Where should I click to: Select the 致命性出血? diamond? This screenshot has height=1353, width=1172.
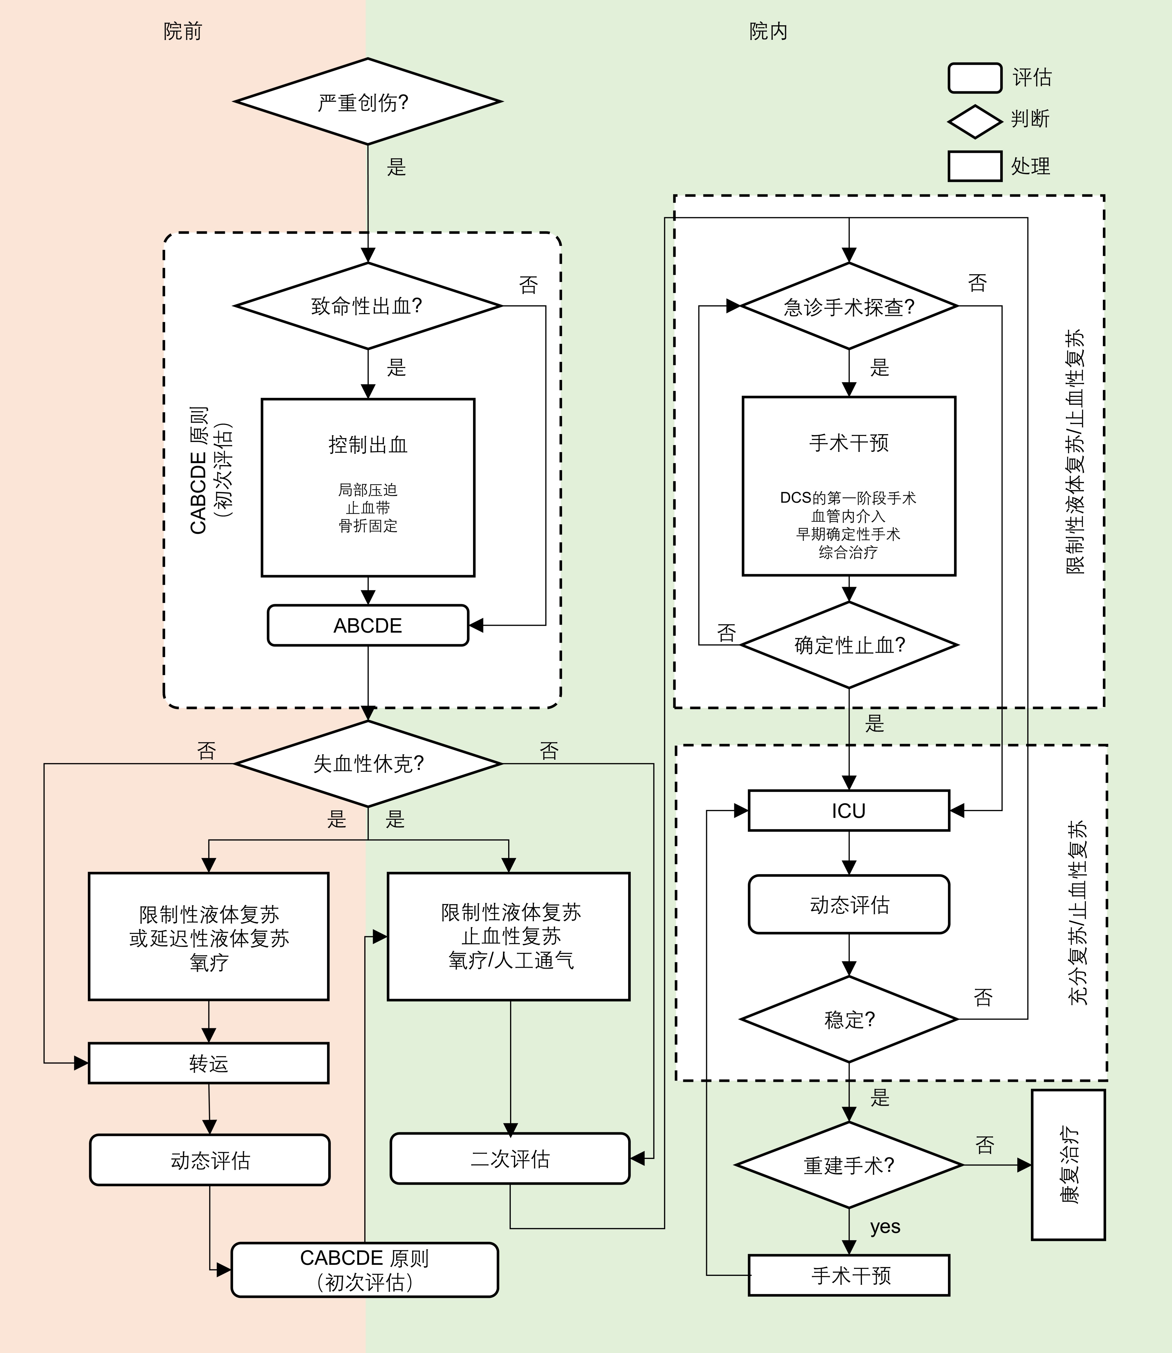coord(368,305)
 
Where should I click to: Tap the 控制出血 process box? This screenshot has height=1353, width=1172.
coord(368,487)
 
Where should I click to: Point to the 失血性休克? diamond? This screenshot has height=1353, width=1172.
coord(368,763)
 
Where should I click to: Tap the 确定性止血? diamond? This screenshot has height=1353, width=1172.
coord(849,645)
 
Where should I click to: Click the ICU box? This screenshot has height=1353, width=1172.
coord(849,811)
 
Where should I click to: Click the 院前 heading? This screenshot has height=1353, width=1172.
coord(182,31)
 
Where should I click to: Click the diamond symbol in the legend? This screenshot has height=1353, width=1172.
coord(974,122)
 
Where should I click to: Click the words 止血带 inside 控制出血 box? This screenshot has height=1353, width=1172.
coord(368,507)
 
